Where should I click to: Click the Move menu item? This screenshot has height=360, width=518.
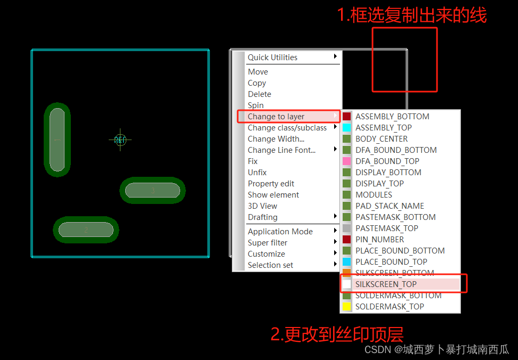pyautogui.click(x=258, y=72)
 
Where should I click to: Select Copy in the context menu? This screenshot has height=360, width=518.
pyautogui.click(x=257, y=83)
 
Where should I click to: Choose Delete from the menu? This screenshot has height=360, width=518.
pyautogui.click(x=260, y=94)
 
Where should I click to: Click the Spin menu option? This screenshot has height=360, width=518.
pyautogui.click(x=256, y=105)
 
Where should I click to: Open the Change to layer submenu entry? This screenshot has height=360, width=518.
pyautogui.click(x=276, y=117)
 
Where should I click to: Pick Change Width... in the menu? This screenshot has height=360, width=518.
pyautogui.click(x=276, y=139)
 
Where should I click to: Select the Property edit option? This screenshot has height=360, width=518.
pyautogui.click(x=271, y=184)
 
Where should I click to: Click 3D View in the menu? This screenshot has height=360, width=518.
pyautogui.click(x=262, y=206)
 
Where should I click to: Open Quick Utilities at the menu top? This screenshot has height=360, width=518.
pyautogui.click(x=272, y=58)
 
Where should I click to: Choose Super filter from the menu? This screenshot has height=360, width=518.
pyautogui.click(x=268, y=243)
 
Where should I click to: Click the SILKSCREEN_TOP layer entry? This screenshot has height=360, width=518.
pyautogui.click(x=386, y=284)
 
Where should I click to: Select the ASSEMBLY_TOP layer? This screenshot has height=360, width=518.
pyautogui.click(x=383, y=128)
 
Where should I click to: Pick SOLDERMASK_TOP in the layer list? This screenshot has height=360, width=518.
pyautogui.click(x=390, y=307)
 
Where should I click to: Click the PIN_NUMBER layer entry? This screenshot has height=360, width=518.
pyautogui.click(x=379, y=240)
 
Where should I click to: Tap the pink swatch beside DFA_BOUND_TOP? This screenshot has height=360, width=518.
pyautogui.click(x=347, y=161)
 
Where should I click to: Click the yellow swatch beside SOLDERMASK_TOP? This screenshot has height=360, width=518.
pyautogui.click(x=347, y=307)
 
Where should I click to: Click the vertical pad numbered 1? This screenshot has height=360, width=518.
pyautogui.click(x=57, y=140)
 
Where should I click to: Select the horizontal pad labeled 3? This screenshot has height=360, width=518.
pyautogui.click(x=153, y=191)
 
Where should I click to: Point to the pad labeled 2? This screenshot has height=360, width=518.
pyautogui.click(x=86, y=230)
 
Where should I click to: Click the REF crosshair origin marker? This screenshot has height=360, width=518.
pyautogui.click(x=120, y=140)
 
